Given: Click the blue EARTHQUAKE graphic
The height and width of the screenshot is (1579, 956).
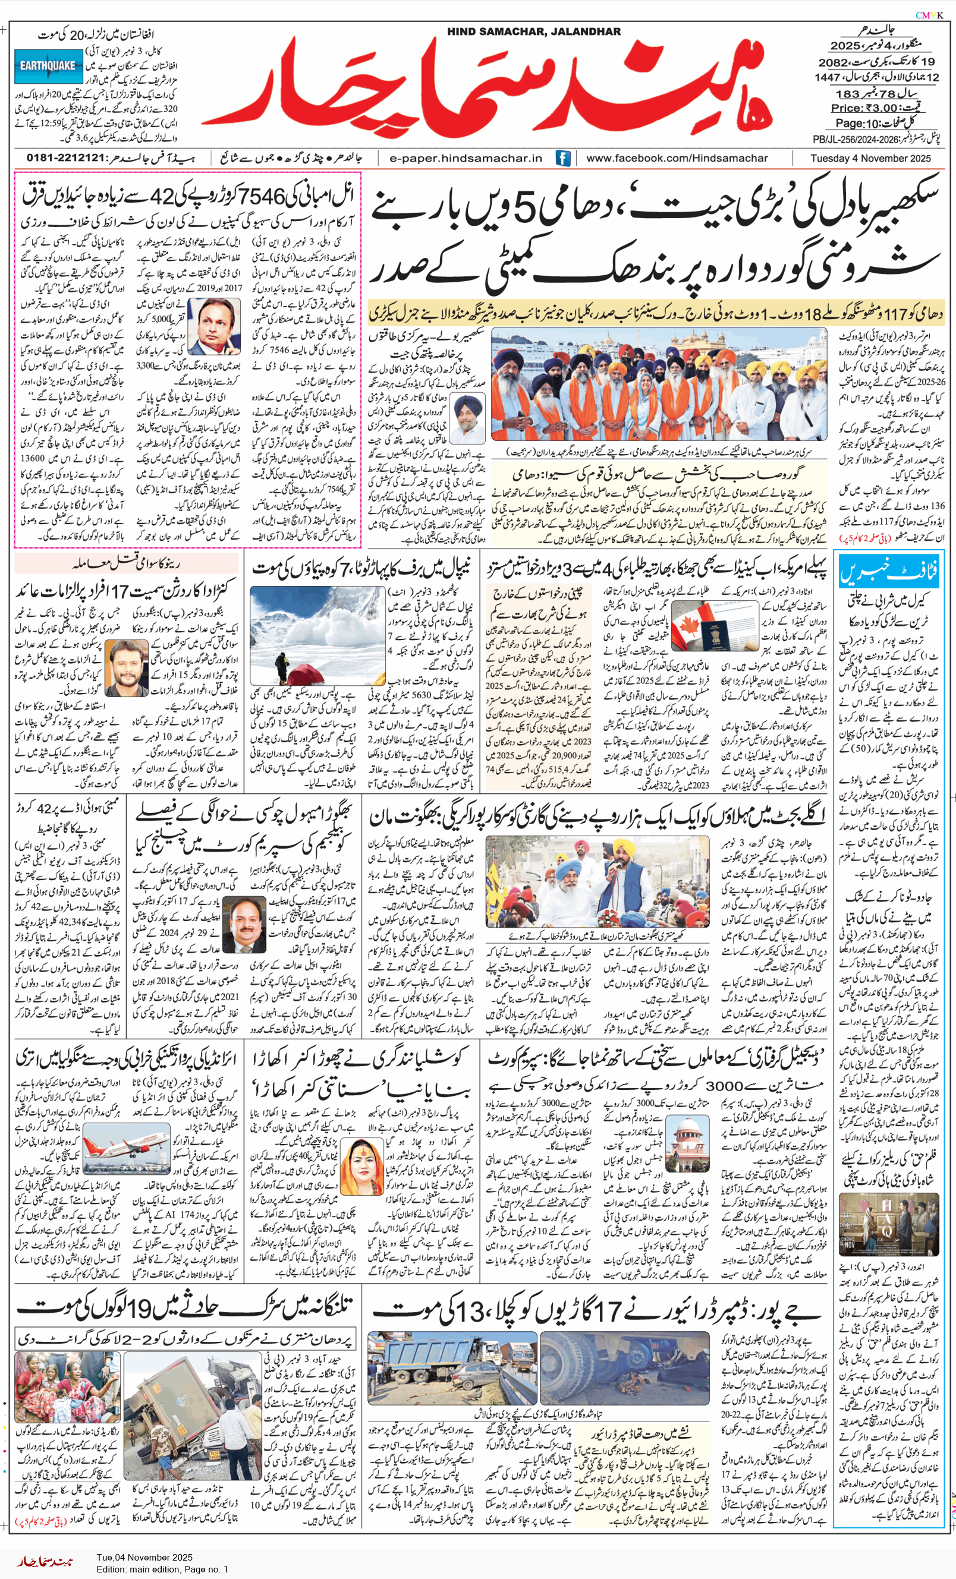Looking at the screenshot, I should [x=48, y=66].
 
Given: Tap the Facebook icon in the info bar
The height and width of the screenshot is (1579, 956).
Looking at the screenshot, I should [x=563, y=158].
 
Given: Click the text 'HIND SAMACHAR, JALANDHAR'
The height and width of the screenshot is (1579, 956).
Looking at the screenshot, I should [x=533, y=31].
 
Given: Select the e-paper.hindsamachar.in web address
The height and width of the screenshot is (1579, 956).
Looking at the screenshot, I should [x=466, y=158].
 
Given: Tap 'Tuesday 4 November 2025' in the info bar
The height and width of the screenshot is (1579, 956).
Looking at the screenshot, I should [x=870, y=158].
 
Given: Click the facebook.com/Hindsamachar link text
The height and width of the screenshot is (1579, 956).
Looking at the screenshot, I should [x=677, y=158].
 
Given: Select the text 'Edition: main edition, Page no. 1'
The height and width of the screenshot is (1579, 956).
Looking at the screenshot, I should [x=162, y=1569].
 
